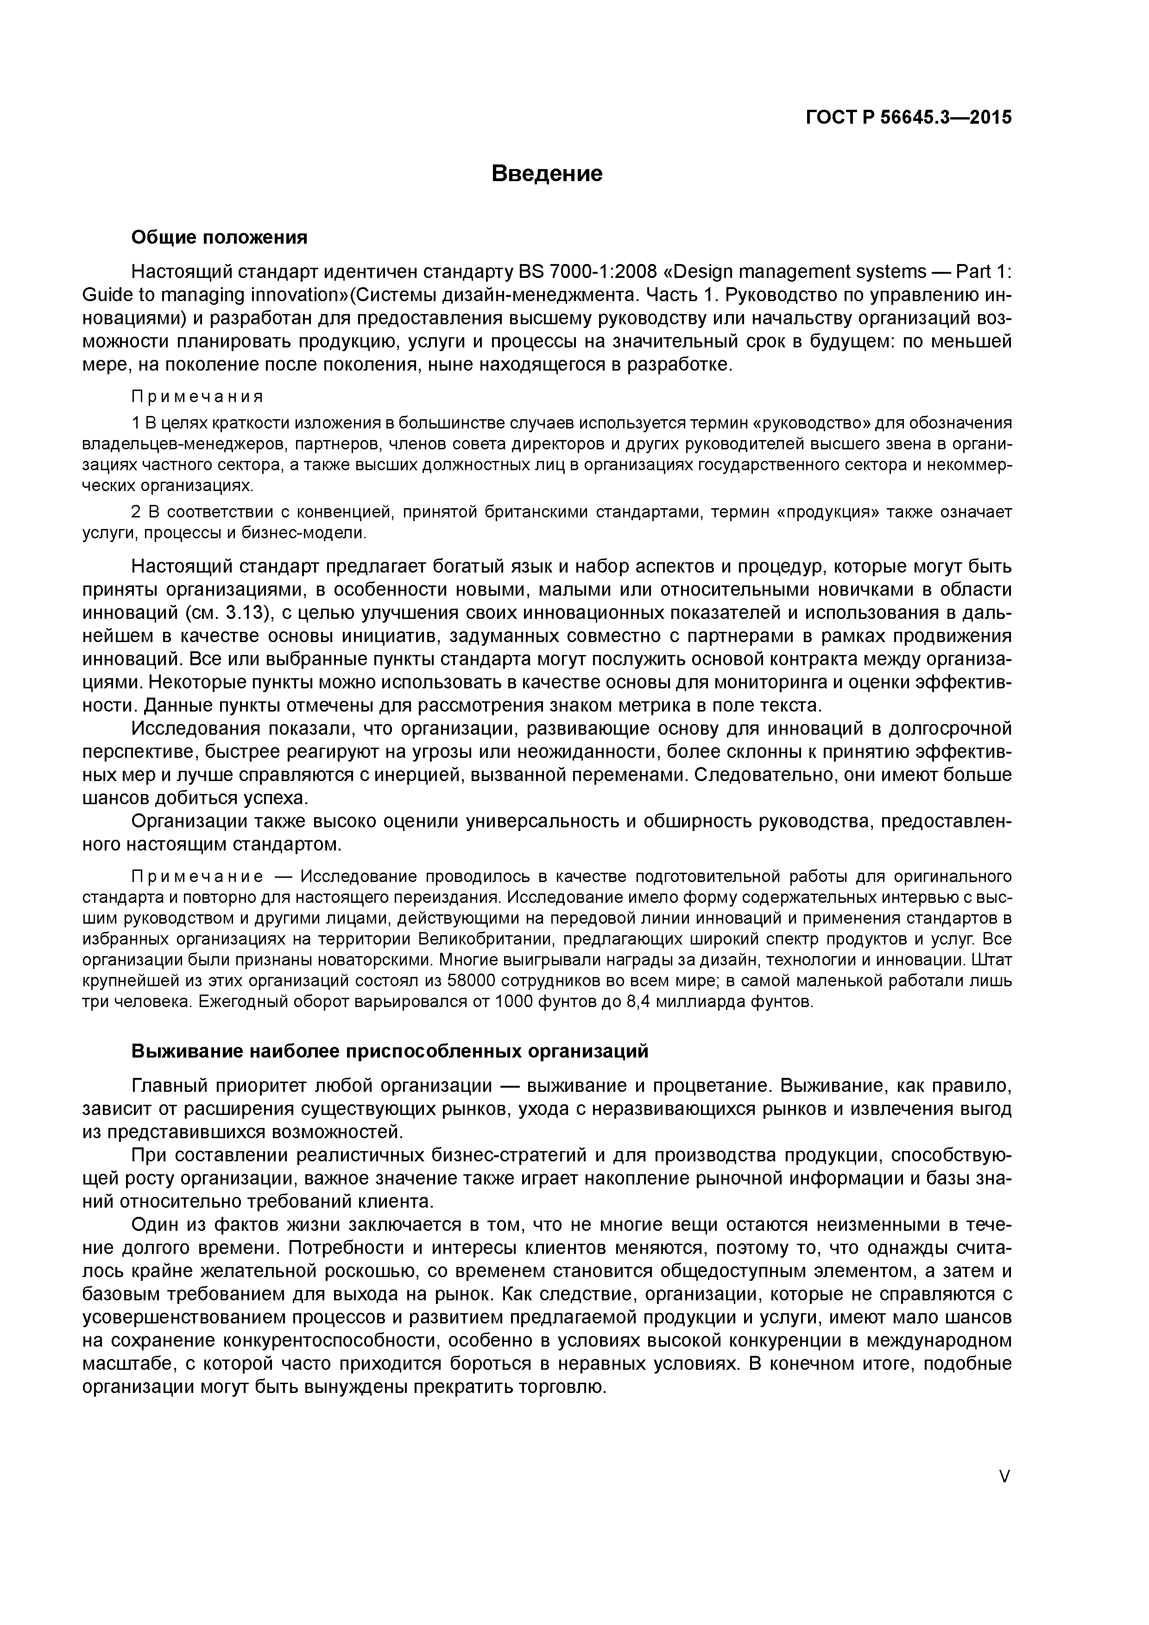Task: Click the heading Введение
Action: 547,173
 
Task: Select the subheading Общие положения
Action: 220,237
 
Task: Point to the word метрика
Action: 680,705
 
